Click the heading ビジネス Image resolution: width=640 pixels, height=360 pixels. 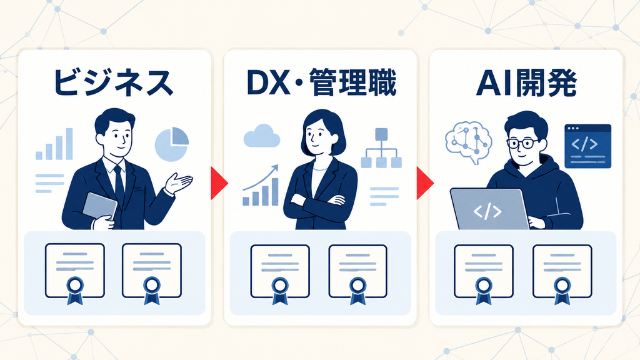point(114,83)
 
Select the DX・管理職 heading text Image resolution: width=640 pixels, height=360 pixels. point(321,83)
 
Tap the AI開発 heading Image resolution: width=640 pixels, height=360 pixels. point(526,83)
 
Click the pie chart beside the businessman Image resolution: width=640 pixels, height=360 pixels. point(172,144)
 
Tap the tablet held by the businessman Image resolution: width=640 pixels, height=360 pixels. point(99,207)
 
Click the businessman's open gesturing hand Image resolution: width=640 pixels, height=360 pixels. point(179,183)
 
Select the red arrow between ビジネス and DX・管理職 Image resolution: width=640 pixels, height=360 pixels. point(219,183)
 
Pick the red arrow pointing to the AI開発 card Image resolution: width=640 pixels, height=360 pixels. point(424,183)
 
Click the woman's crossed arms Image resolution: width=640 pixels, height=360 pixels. point(320,200)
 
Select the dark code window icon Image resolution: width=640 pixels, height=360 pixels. point(587,146)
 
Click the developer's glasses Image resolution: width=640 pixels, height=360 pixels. point(523,143)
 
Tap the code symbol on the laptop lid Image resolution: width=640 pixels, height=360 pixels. point(487,211)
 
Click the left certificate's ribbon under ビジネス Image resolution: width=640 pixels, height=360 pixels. point(75,290)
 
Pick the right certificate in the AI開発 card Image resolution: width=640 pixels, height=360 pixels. point(562,274)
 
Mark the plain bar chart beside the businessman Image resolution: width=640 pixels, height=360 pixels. point(54,144)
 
